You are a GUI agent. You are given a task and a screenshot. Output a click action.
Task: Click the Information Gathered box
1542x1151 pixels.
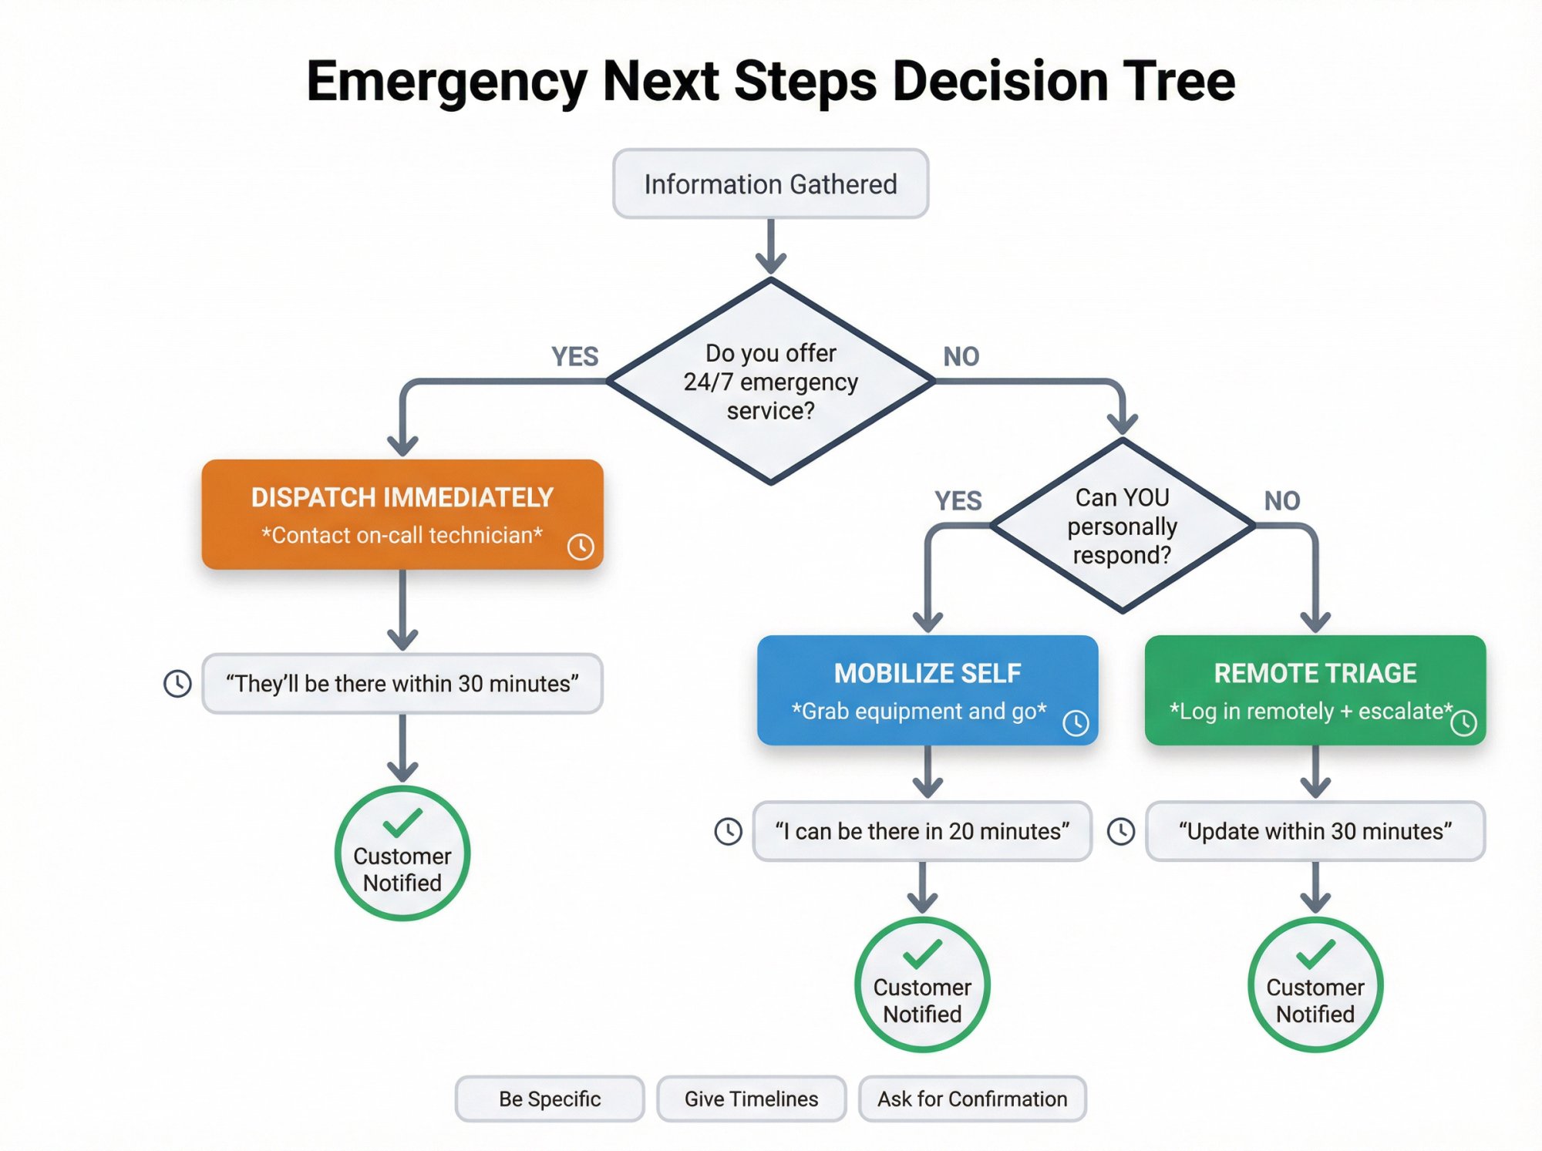pos(770,183)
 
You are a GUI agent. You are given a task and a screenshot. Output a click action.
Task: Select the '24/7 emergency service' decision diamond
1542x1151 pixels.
pos(770,382)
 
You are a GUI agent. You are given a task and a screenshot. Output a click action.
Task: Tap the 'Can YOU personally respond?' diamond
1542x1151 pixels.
pos(1122,526)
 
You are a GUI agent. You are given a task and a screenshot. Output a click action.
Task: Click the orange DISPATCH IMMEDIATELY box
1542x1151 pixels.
pos(402,514)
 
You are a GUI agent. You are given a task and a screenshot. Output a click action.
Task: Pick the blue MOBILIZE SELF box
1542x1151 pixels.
pos(927,689)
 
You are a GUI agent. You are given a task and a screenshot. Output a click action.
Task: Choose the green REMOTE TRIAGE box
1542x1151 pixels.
pos(1315,689)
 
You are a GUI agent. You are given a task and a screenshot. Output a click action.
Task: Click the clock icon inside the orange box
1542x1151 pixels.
pos(581,547)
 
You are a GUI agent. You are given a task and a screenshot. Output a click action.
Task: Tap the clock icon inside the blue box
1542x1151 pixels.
pos(1076,722)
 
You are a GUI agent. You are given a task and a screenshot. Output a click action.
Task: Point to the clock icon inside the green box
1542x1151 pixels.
pos(1463,722)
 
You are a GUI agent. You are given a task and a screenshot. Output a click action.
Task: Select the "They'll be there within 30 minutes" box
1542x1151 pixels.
pos(402,684)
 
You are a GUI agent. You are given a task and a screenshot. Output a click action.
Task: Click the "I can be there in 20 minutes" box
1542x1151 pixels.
pos(922,831)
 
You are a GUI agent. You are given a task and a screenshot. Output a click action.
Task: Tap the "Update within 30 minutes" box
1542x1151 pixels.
pos(1315,831)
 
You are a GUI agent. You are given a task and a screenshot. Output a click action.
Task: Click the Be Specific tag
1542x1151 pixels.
pos(549,1099)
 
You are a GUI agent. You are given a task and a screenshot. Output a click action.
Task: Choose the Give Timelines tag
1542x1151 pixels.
pos(751,1099)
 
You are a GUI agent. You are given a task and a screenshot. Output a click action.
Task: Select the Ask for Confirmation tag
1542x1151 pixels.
pos(972,1099)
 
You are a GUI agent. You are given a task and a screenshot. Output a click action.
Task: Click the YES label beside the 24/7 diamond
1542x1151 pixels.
pos(574,356)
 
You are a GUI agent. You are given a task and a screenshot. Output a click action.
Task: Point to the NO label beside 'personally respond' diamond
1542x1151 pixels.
pos(1281,501)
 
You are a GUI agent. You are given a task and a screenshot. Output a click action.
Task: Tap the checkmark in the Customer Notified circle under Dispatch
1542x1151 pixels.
pos(402,822)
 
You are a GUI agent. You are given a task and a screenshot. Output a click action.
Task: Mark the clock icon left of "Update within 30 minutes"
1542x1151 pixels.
pos(1120,831)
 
